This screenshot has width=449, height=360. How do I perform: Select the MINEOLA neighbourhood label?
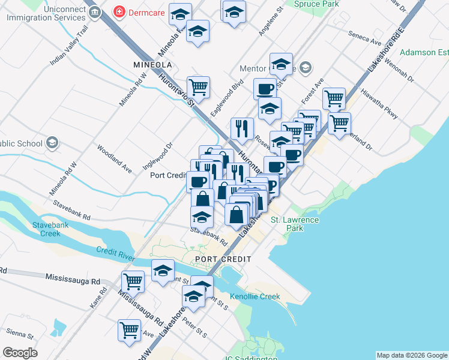[152, 64]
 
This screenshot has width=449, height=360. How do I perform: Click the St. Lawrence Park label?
[295, 224]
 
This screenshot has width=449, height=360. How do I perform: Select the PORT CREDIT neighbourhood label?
[223, 259]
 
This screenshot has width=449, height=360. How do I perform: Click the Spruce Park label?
[316, 4]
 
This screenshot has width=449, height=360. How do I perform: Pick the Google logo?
[20, 353]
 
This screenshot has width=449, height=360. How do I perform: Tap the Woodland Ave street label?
[113, 158]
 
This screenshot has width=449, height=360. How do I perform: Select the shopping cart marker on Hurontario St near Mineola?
[198, 88]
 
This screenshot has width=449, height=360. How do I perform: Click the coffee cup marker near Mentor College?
[265, 89]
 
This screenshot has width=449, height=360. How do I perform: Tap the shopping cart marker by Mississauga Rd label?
[132, 281]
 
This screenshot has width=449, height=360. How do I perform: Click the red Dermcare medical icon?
[120, 12]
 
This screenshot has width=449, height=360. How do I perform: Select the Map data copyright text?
[411, 355]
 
